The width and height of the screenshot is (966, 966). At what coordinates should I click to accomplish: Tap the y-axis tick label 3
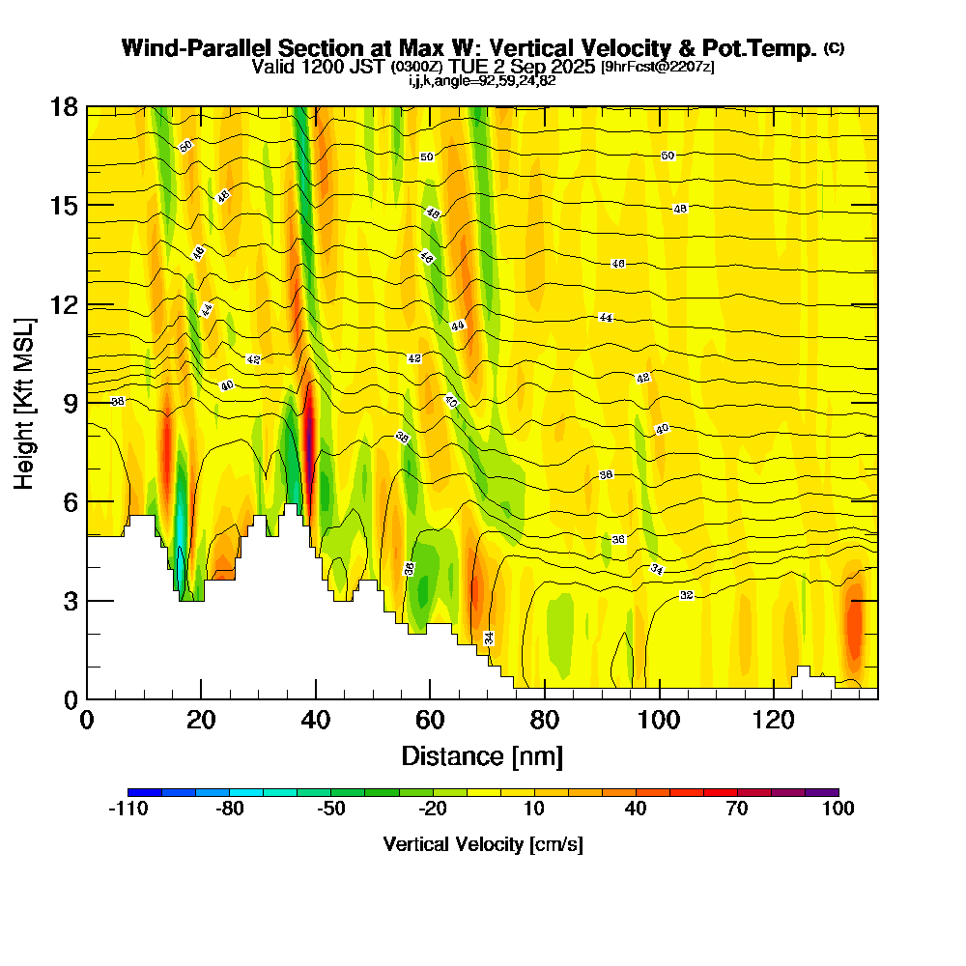click(70, 601)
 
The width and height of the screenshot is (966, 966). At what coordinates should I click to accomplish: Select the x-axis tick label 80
click(545, 720)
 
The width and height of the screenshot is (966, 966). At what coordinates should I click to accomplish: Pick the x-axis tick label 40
click(316, 720)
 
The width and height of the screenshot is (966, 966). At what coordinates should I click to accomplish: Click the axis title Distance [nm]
click(482, 755)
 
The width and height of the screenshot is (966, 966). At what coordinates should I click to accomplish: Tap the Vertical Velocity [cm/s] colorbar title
click(482, 844)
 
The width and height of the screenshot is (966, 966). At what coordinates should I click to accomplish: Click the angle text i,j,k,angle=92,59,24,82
click(482, 80)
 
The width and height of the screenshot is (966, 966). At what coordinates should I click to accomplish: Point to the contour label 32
click(687, 595)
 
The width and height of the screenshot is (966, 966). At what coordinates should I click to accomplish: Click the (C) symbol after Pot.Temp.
click(833, 48)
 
